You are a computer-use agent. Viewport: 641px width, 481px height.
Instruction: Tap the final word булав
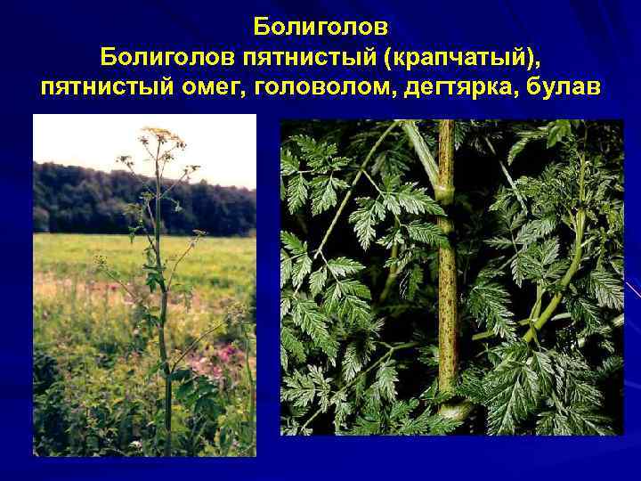coord(569,89)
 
